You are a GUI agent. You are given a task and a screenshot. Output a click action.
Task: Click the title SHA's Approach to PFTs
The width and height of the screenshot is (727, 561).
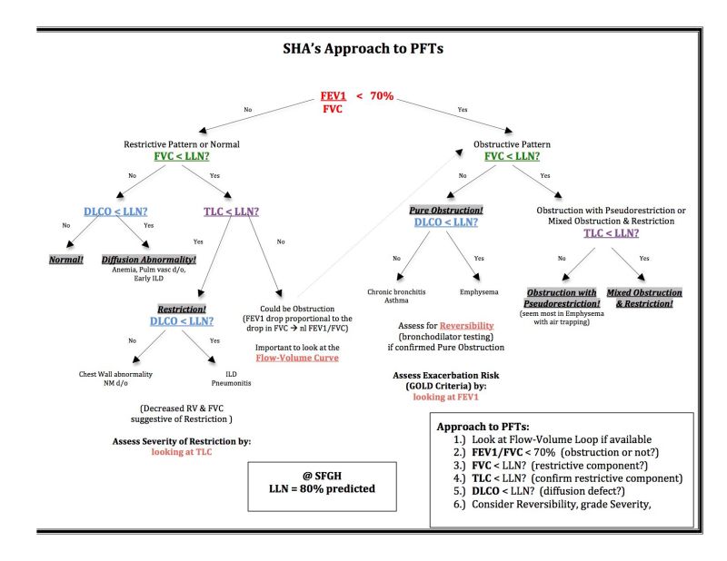[x=363, y=49]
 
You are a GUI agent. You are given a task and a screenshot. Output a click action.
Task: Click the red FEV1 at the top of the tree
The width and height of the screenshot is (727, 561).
[x=334, y=95]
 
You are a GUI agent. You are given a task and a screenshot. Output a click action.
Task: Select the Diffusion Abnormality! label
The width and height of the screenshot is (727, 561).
[x=146, y=259]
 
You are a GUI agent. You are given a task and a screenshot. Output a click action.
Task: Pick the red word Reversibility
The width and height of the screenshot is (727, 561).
[x=467, y=324]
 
